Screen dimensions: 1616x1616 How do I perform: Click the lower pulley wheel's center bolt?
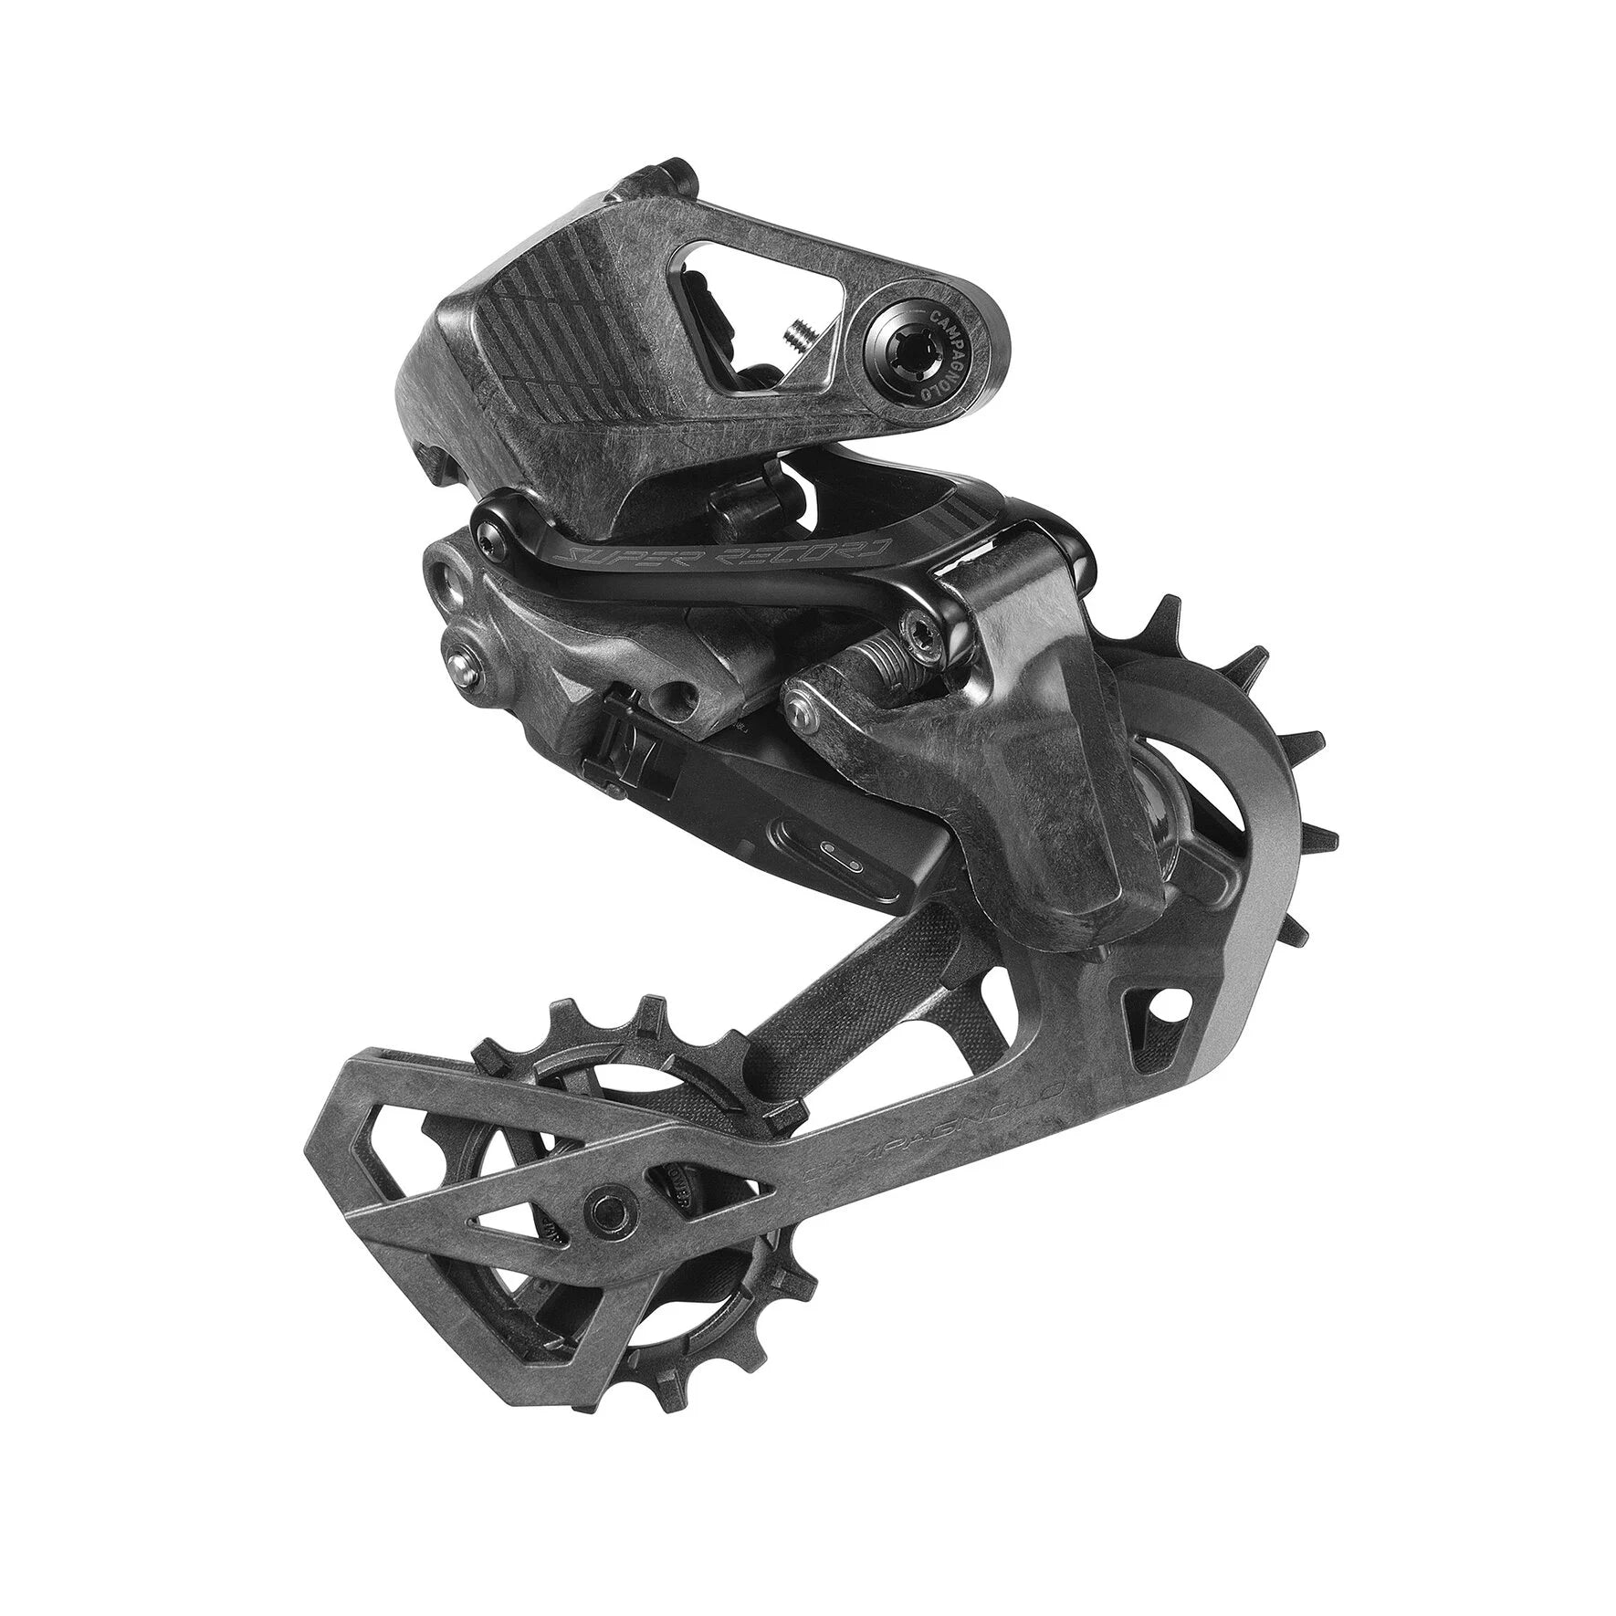pos(603,1208)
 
